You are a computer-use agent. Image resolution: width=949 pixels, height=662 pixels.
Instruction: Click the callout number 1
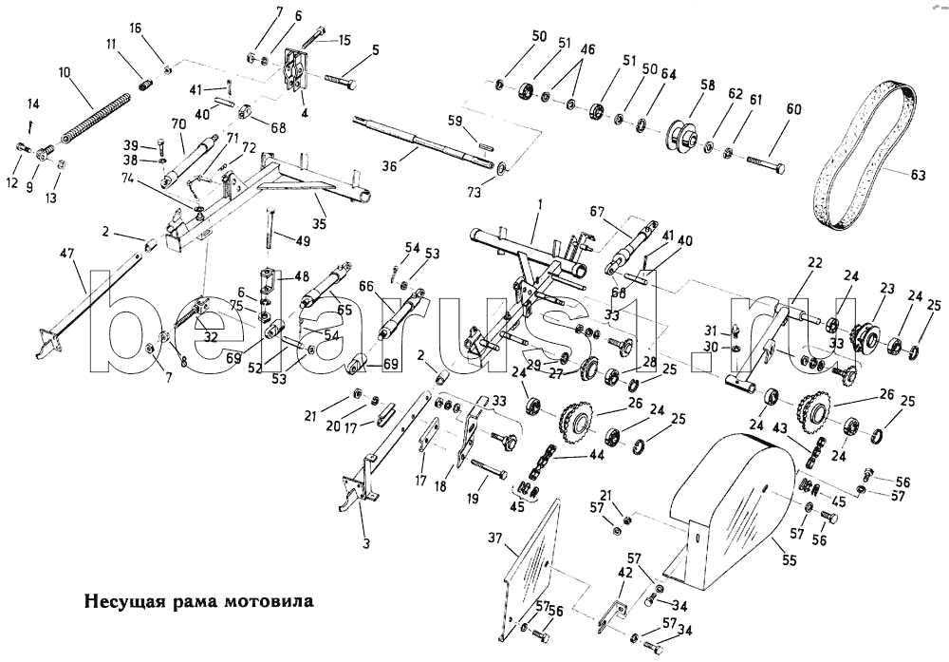coord(540,204)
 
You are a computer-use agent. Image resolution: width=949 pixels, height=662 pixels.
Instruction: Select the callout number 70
coord(177,123)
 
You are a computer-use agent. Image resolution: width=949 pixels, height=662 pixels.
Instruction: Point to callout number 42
coord(623,574)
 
